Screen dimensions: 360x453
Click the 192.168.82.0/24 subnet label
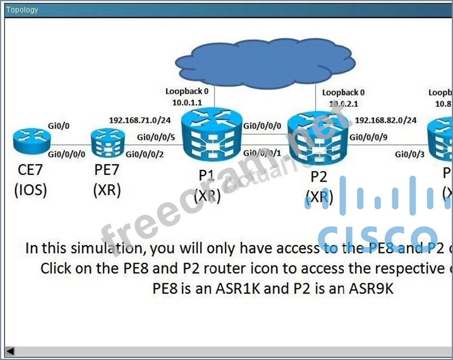386,120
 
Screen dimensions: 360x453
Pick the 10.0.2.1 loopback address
343,103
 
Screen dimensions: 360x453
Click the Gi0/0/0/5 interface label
156,137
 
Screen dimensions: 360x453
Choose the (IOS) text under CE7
31,191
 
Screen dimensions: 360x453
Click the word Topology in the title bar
22,10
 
